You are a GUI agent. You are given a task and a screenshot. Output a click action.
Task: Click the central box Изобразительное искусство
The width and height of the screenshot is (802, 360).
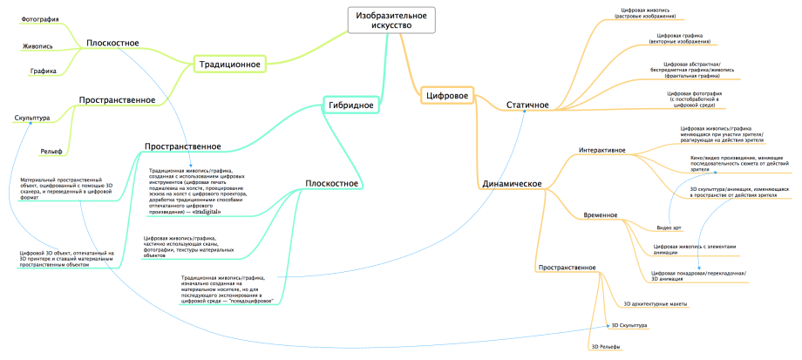point(390,20)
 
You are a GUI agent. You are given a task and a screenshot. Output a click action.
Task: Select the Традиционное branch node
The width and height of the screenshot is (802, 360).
point(229,64)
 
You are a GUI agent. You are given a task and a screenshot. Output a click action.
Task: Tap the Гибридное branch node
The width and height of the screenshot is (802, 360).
point(351,105)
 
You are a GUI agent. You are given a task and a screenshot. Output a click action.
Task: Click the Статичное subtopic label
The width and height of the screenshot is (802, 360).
point(527,105)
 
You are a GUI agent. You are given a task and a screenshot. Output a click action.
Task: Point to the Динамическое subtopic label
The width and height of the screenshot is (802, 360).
point(513,184)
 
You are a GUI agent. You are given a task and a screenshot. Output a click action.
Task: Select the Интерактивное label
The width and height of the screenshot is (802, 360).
point(602,151)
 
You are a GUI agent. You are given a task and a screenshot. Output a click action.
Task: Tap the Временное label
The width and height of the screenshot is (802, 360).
point(601,214)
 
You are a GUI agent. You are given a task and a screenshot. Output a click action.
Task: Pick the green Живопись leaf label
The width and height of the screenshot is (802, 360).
point(37,45)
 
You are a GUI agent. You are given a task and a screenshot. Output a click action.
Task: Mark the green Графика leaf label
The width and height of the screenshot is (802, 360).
point(43,71)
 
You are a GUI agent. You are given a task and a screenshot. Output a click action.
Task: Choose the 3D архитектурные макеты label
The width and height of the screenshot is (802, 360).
point(656,304)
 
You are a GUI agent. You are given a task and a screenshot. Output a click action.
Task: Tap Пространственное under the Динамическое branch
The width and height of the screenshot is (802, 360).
point(568,267)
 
